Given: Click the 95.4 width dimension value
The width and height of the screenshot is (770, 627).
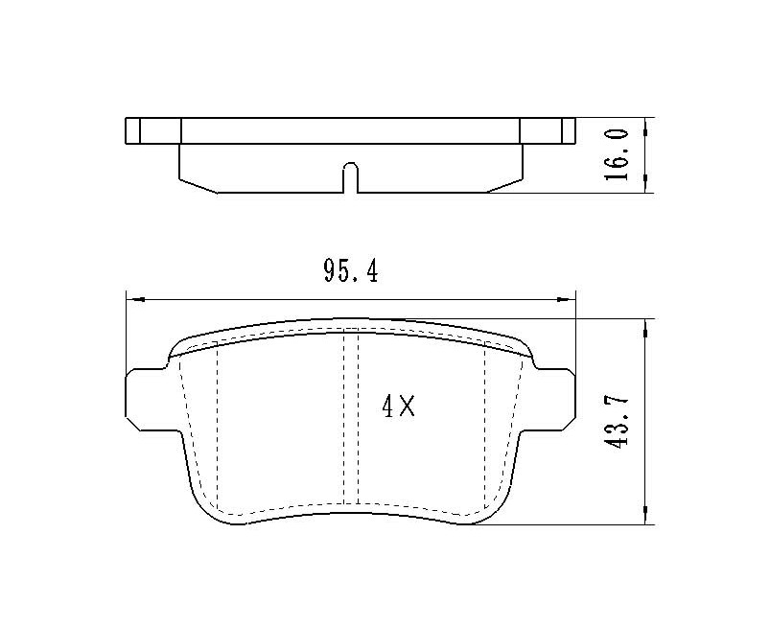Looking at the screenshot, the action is tap(351, 271).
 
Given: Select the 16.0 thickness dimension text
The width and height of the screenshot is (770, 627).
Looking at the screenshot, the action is tap(616, 154).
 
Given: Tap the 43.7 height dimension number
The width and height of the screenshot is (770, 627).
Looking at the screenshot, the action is tap(616, 421).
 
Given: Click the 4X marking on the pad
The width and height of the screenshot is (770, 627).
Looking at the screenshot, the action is tap(398, 406).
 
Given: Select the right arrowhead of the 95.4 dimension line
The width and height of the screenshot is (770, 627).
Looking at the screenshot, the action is tap(566, 299).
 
